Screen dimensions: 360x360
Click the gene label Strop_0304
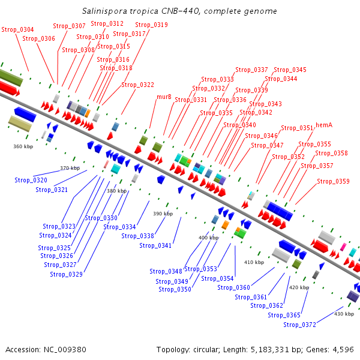tap(17, 29)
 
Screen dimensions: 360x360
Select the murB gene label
tap(164, 97)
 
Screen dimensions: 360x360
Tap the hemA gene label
tap(324, 125)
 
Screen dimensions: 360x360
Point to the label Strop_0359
tap(333, 181)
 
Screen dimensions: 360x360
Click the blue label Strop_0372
tap(299, 325)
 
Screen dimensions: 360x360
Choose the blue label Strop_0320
tap(31, 180)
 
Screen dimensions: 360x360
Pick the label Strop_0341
tap(155, 245)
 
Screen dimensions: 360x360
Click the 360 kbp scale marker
tap(23, 146)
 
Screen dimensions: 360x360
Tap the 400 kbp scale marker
tap(208, 238)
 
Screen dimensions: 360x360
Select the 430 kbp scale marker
tap(344, 314)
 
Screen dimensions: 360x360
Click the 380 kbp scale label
tap(116, 191)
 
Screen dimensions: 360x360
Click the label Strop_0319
tap(152, 25)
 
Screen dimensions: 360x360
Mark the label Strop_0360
tap(233, 287)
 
